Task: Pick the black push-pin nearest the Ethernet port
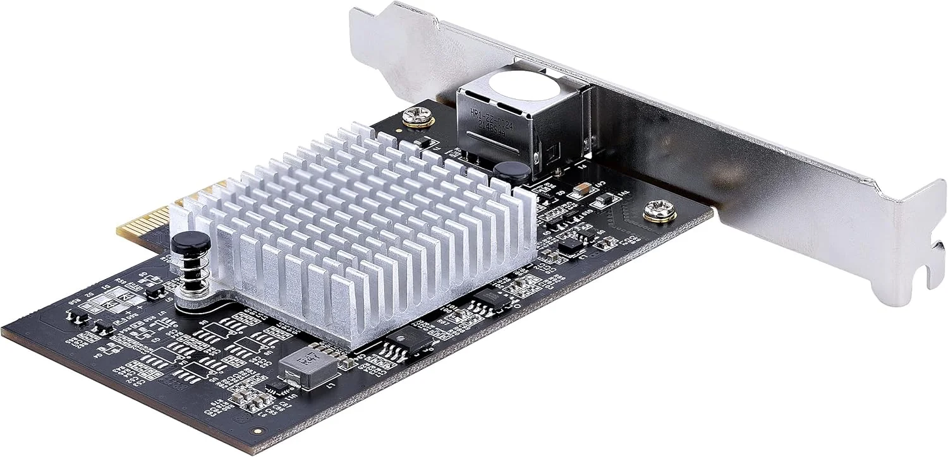[x=512, y=172]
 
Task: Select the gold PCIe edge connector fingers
[x=145, y=222]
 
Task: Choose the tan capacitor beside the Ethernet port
[x=585, y=187]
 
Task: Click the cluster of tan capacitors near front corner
[x=247, y=397]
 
